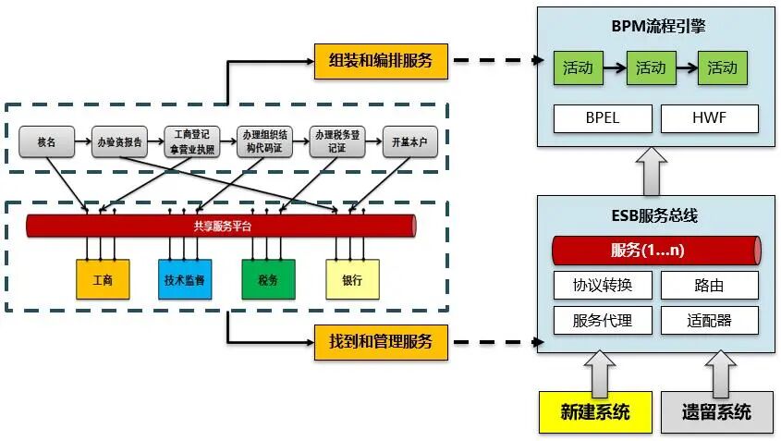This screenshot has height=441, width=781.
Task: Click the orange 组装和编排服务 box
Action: point(381,61)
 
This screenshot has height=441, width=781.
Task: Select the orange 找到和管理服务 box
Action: point(381,341)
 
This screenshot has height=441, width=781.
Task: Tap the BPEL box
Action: point(602,118)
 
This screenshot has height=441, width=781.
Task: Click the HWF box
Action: point(710,118)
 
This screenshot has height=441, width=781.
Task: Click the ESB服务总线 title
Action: point(655,216)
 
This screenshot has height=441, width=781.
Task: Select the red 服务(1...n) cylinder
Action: point(655,250)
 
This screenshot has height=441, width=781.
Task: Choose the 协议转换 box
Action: point(602,285)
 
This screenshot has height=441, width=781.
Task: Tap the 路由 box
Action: point(710,285)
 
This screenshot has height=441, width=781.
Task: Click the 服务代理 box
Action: point(602,320)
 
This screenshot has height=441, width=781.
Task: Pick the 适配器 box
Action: point(710,320)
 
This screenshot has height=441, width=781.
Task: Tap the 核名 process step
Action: point(47,143)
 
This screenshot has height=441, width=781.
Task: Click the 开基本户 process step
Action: point(409,143)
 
